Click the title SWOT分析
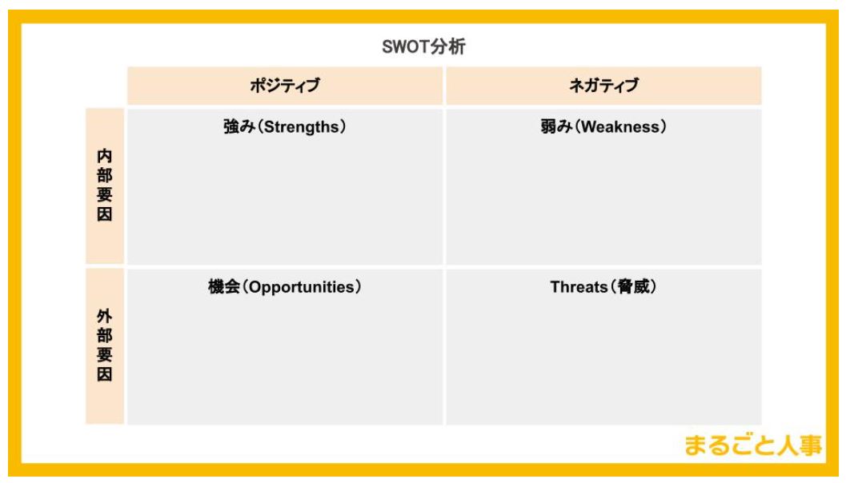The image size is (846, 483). coord(423,47)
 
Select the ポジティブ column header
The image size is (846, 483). coord(285,86)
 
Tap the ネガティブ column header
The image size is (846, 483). coord(603,86)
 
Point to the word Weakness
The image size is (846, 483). coord(620,127)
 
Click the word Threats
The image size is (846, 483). coord(579,287)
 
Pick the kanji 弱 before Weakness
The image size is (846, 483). coord(549,126)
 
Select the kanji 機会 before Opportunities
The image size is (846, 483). coord(224,287)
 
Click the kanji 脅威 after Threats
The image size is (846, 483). coord(633,287)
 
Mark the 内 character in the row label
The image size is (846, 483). coord(105,156)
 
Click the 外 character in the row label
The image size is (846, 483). coord(105,316)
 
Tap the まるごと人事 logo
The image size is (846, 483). coord(753,445)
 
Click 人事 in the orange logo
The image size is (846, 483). coord(800,445)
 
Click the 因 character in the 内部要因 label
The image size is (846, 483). coord(105,214)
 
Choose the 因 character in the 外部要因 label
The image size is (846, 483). coord(105,374)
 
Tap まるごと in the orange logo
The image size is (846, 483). coord(730,445)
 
